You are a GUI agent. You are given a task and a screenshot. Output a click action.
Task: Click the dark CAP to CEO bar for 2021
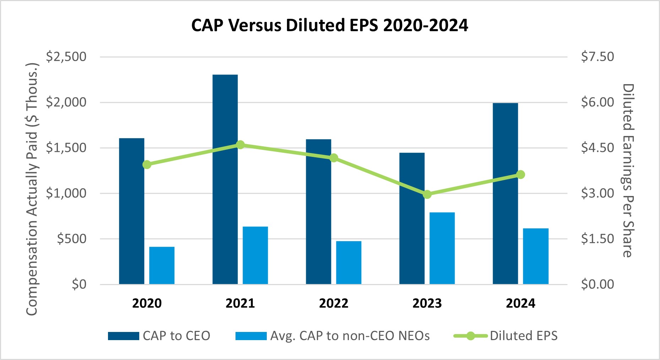225,179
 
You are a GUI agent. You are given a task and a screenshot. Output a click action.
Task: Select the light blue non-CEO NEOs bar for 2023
442,248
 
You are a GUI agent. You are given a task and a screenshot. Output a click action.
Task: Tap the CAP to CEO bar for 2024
505,193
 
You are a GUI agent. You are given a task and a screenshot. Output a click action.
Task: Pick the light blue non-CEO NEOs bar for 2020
162,266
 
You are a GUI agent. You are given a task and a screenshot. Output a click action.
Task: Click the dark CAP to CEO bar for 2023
412,218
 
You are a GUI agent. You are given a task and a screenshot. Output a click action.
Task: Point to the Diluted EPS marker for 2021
240,145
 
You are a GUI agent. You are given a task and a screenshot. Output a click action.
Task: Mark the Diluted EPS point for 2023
427,194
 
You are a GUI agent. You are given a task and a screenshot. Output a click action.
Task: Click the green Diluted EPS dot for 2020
147,164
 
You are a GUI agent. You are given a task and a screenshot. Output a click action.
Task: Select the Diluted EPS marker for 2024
521,175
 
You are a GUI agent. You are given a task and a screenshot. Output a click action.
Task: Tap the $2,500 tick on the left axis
66,57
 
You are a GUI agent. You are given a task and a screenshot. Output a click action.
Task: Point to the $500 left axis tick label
72,239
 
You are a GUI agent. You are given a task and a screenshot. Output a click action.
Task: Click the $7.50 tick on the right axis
597,57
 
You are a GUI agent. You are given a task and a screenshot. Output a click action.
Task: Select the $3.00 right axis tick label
597,193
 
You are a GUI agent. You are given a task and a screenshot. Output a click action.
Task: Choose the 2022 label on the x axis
334,303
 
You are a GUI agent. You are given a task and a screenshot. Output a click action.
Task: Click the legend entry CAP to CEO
159,336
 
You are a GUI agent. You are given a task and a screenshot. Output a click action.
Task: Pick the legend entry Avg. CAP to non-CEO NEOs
332,336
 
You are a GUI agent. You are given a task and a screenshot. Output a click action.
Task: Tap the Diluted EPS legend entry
505,336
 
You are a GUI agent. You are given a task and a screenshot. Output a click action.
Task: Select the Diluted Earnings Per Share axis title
628,170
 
